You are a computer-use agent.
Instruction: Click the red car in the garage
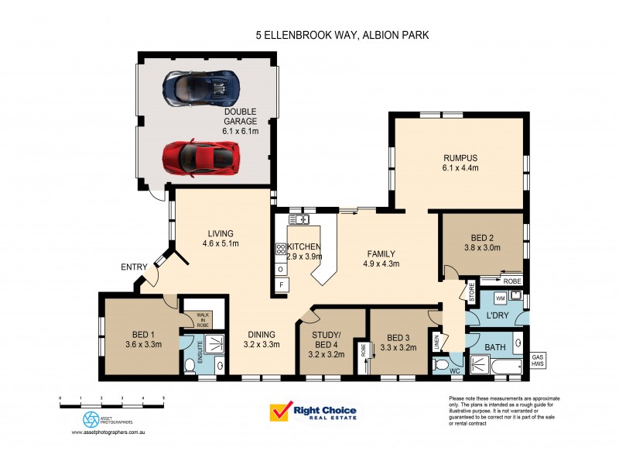198,158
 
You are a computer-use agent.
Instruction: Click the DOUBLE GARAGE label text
240,116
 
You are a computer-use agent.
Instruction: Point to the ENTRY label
133,267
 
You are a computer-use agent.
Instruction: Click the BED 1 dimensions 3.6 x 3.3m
143,345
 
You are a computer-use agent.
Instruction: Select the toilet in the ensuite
190,365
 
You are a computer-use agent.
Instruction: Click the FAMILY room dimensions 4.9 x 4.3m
381,263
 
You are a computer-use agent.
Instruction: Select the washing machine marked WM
499,298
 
